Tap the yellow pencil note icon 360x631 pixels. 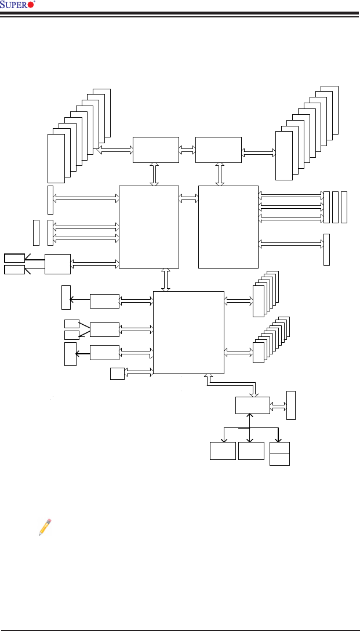(x=45, y=527)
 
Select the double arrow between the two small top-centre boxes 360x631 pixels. (x=187, y=150)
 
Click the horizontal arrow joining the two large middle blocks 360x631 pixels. (x=188, y=199)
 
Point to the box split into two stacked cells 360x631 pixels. (x=279, y=454)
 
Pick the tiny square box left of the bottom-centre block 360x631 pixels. (x=117, y=373)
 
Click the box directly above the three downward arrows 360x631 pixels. (x=253, y=405)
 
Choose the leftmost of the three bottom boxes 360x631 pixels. (x=223, y=451)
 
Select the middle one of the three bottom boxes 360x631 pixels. (x=251, y=451)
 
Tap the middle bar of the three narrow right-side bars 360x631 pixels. (x=335, y=207)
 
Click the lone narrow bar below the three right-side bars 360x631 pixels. (x=326, y=249)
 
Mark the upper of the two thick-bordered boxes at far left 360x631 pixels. (x=14, y=258)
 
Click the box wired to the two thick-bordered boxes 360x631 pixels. (x=57, y=264)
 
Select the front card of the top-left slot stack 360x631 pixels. (x=56, y=158)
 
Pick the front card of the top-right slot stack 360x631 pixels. (x=284, y=155)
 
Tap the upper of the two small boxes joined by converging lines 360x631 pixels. (x=72, y=324)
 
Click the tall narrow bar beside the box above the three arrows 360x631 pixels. (x=291, y=405)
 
